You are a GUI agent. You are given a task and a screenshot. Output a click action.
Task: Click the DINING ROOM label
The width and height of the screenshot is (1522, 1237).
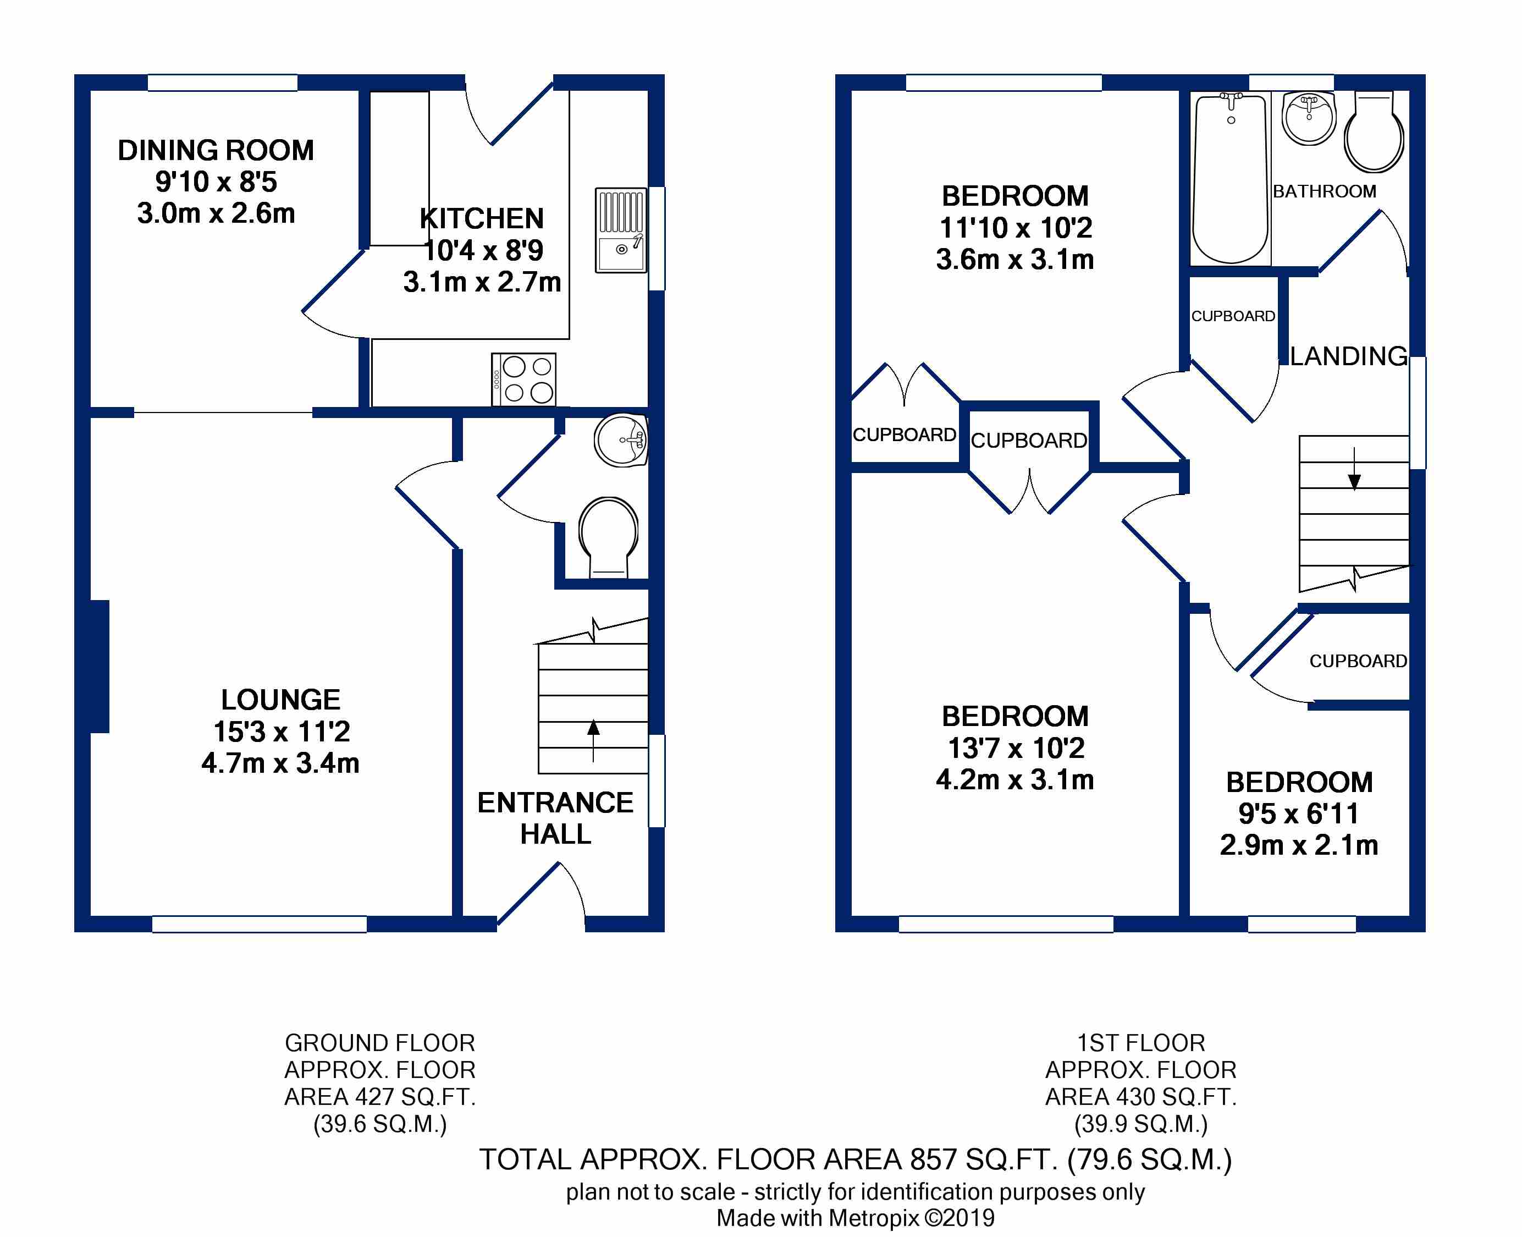pos(216,150)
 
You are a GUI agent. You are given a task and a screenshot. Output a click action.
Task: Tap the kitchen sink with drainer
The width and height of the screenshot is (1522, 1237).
pos(621,230)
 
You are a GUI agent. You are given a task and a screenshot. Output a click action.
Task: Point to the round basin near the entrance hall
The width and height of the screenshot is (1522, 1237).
pos(621,439)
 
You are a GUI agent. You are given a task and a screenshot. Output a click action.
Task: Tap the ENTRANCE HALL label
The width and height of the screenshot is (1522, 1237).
pos(555,818)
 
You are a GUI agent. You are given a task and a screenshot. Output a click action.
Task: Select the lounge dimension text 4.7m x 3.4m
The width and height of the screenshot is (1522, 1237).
pos(280,763)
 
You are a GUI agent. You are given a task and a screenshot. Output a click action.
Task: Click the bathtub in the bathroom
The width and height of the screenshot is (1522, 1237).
pos(1230,178)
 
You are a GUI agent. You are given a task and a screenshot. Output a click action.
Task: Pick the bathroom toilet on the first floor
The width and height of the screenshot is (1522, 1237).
pos(1374,133)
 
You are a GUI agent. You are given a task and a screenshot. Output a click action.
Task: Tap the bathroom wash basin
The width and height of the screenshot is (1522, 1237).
pos(1308,118)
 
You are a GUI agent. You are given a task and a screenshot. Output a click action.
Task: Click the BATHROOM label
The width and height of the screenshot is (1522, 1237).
pos(1325,191)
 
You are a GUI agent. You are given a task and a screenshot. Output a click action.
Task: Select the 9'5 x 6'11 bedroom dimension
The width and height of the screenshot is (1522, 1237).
pos(1299,813)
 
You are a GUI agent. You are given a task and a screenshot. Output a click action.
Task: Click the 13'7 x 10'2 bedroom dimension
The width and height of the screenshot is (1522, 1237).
pos(1016,747)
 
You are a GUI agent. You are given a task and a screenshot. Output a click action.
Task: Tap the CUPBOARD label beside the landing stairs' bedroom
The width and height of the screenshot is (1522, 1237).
pos(1358,661)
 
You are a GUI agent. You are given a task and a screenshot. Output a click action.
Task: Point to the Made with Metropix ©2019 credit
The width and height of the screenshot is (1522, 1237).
pos(856,1218)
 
